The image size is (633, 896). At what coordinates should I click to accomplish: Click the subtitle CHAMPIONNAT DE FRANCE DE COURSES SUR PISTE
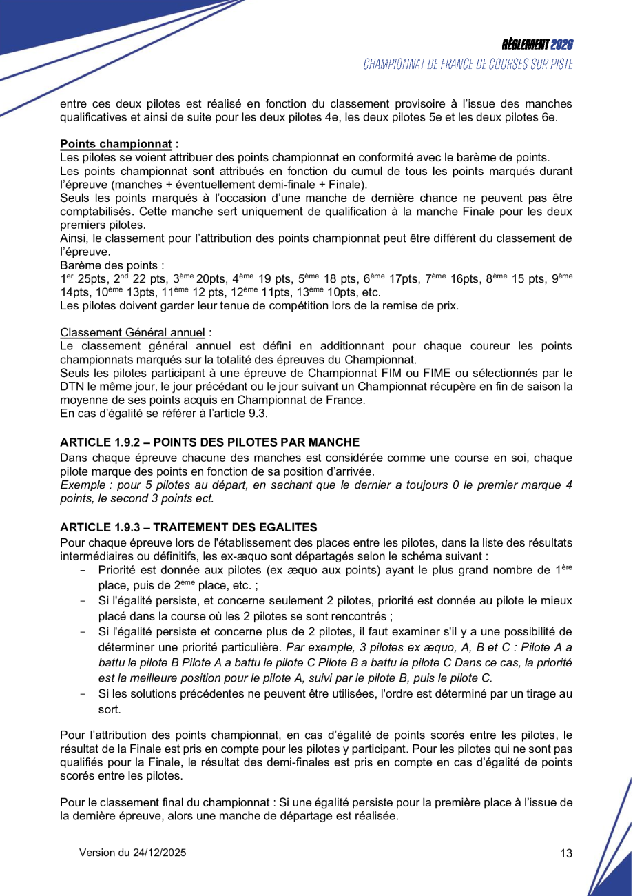point(468,65)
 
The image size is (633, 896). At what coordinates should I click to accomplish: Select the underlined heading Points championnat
point(116,144)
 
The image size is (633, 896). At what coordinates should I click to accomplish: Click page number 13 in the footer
point(566,853)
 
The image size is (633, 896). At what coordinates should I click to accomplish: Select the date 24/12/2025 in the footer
point(161,853)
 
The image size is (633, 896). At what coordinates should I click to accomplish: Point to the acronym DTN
point(73,387)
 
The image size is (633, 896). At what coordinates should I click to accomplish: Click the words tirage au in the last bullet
point(544,695)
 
